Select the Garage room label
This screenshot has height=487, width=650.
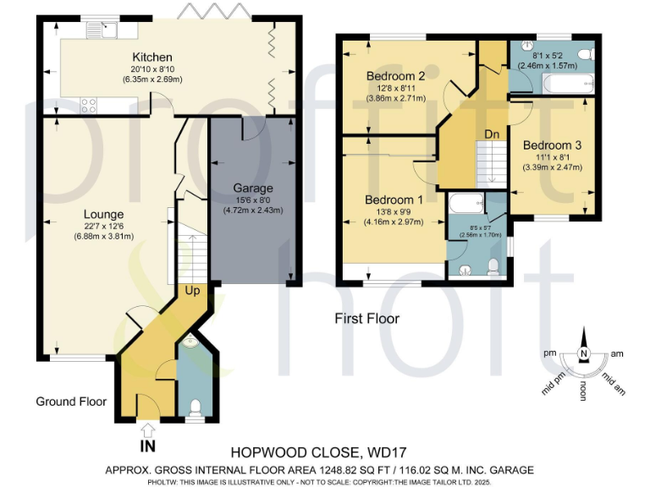tap(251, 188)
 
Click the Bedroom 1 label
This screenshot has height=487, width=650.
tap(388, 200)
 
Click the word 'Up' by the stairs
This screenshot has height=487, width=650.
tap(193, 290)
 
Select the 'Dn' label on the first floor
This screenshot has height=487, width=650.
tap(493, 134)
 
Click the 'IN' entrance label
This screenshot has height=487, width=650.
tap(147, 446)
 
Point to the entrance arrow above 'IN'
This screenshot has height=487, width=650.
tap(147, 428)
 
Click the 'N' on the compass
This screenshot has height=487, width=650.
tap(582, 353)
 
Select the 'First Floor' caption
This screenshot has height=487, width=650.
tap(366, 319)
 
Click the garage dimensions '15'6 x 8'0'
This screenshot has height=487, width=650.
tap(251, 200)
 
